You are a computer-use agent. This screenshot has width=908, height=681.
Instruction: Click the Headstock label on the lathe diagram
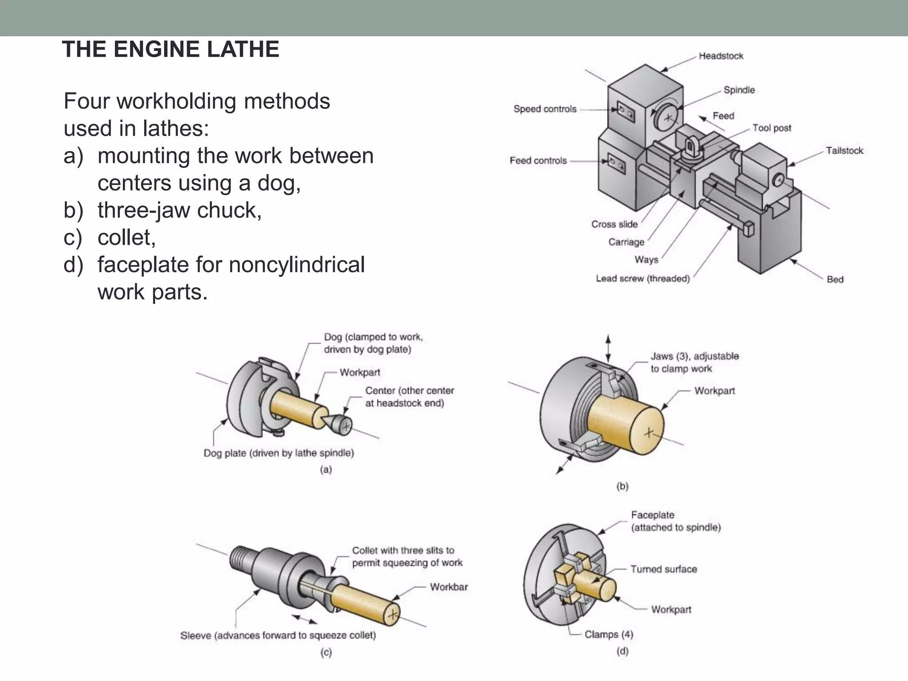[720, 56]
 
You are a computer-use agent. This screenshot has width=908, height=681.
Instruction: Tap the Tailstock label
[844, 151]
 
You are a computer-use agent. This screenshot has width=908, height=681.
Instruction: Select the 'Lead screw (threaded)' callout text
[642, 279]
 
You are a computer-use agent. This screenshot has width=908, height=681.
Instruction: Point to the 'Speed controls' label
[545, 109]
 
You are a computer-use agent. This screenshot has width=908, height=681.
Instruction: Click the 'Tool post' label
[771, 128]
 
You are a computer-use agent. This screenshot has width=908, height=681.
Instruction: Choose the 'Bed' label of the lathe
[835, 279]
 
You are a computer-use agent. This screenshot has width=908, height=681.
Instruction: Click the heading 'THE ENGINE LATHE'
[171, 49]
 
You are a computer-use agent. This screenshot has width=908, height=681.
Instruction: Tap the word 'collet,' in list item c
[126, 238]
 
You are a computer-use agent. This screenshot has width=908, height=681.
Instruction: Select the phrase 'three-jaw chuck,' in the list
[180, 210]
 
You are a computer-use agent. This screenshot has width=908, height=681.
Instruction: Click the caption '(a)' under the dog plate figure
[326, 470]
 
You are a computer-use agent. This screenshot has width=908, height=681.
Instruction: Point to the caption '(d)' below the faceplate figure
[622, 651]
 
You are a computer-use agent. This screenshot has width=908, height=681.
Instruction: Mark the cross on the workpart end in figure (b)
[649, 432]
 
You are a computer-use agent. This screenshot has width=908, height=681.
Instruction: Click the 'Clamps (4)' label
[609, 634]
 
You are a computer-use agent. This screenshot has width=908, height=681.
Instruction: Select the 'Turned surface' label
[664, 569]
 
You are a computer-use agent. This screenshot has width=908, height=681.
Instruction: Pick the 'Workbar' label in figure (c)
[449, 587]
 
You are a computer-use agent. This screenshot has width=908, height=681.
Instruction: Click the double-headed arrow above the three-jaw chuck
[608, 348]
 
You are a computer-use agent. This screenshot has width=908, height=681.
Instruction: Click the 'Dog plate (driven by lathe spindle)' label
[278, 453]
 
